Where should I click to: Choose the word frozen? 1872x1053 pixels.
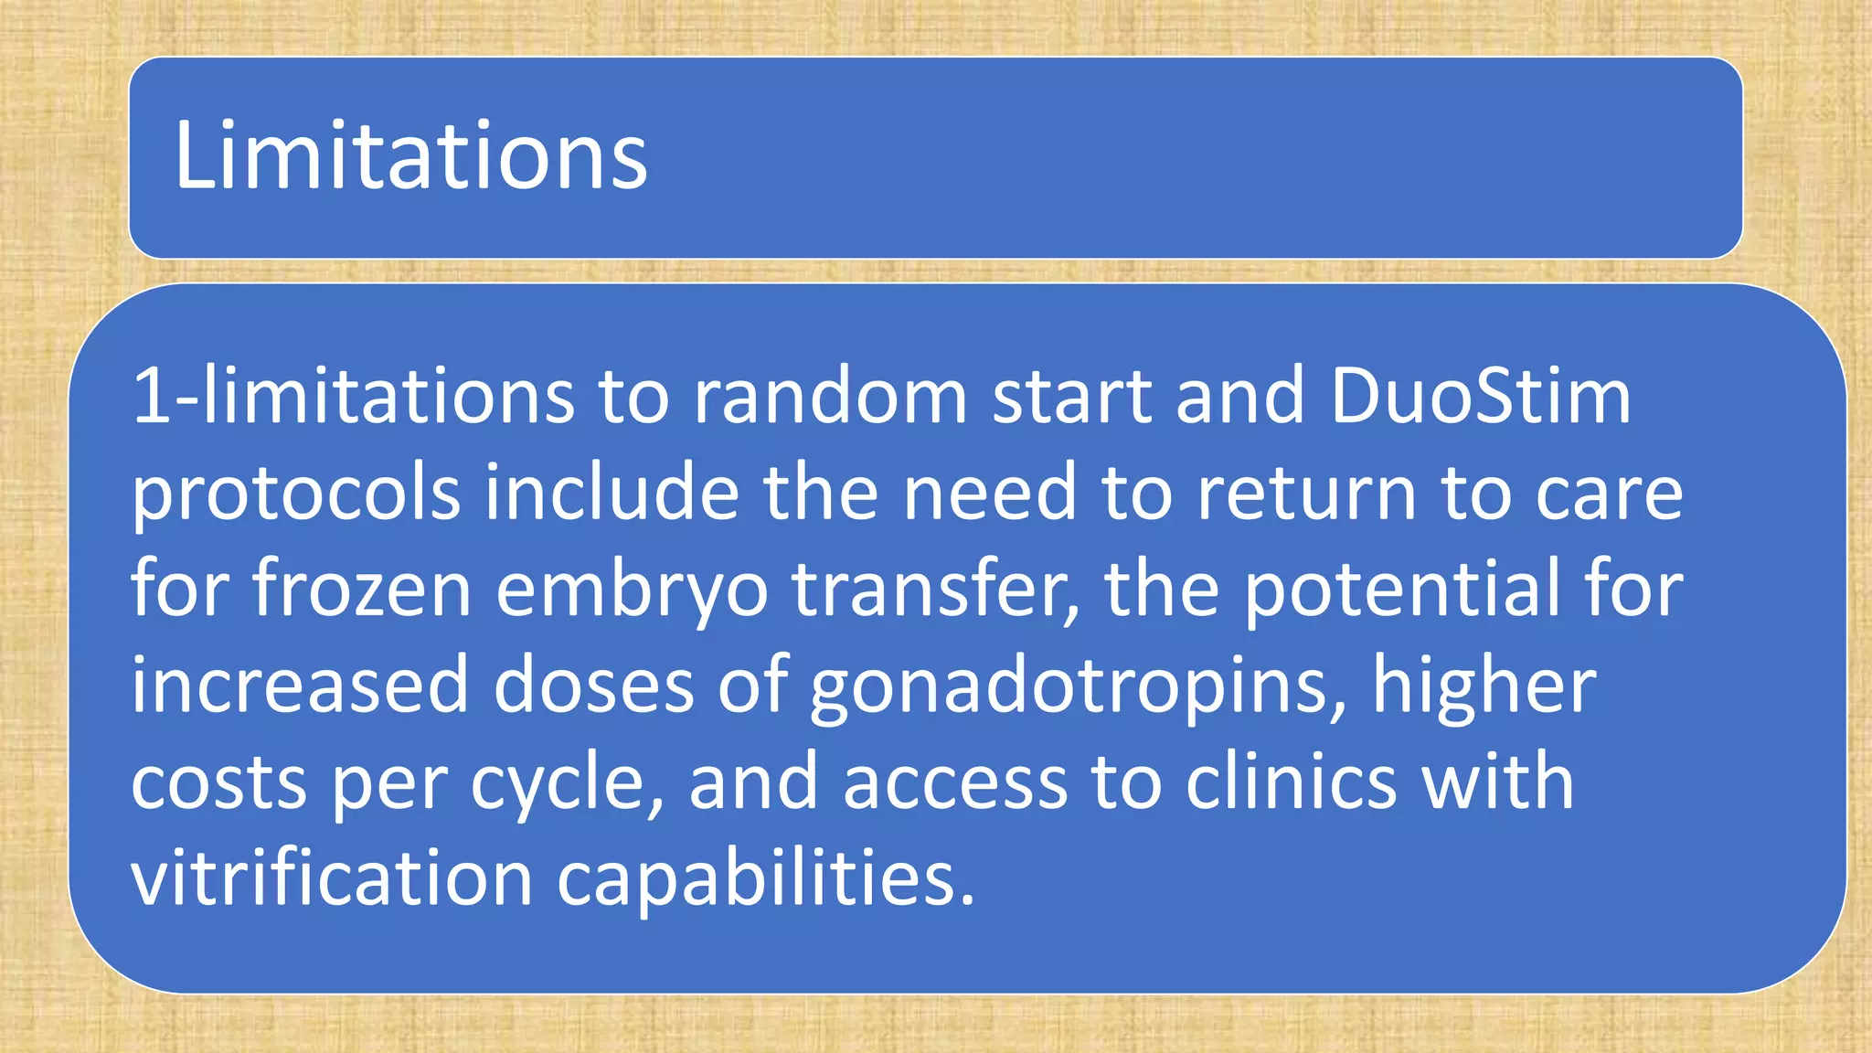pos(362,590)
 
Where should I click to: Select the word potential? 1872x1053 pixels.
pos(1402,590)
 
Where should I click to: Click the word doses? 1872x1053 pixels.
pos(593,686)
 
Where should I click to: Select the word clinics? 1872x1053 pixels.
pos(1291,782)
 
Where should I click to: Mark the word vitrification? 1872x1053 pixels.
pos(332,877)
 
